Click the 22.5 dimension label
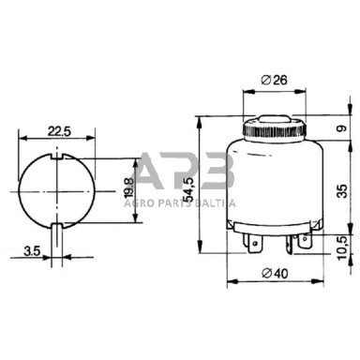(59, 131)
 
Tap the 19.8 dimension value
(128, 187)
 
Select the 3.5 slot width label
(33, 251)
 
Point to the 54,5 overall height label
(189, 189)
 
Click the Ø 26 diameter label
(274, 80)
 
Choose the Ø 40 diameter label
(275, 274)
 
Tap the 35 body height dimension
(342, 191)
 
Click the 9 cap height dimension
(342, 128)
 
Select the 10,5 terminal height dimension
(343, 247)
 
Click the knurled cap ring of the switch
(275, 130)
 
